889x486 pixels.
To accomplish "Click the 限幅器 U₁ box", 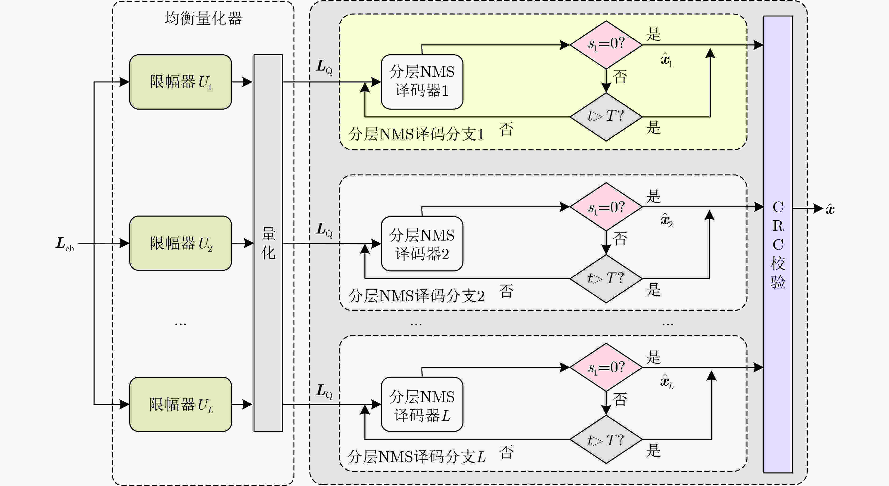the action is tap(180, 82).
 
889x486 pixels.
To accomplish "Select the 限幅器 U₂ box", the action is tap(180, 243).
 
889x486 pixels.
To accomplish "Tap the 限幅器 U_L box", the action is tap(180, 404).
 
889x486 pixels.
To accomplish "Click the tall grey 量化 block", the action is tap(268, 243).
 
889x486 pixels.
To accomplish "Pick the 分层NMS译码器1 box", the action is tap(422, 82).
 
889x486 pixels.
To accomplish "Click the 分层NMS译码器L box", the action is tap(422, 404).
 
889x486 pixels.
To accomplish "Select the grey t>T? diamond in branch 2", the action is tap(606, 279).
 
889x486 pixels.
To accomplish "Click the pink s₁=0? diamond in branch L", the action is tap(606, 367).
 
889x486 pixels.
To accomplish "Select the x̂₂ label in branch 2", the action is tap(667, 220).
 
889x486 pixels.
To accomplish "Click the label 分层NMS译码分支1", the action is tap(416, 134).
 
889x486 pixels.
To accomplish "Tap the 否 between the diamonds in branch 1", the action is tap(620, 77).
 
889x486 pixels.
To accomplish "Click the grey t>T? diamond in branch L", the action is tap(606, 439).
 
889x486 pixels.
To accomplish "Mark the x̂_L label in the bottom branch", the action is tap(667, 381).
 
